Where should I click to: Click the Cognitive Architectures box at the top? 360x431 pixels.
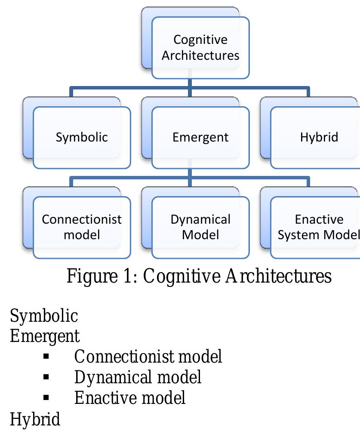200,48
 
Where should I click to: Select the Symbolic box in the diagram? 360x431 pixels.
82,137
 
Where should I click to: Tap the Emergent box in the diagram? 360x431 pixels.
200,137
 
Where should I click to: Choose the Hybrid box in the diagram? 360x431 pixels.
319,137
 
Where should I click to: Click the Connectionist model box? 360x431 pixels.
82,227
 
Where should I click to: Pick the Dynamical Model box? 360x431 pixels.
200,227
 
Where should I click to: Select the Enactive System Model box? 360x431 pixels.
318,227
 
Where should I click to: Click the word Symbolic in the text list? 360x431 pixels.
43,316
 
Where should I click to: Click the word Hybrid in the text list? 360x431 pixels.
35,419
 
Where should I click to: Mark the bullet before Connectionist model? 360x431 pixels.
46,357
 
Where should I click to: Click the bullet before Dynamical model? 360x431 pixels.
46,377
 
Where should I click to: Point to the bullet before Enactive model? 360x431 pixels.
46,398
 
